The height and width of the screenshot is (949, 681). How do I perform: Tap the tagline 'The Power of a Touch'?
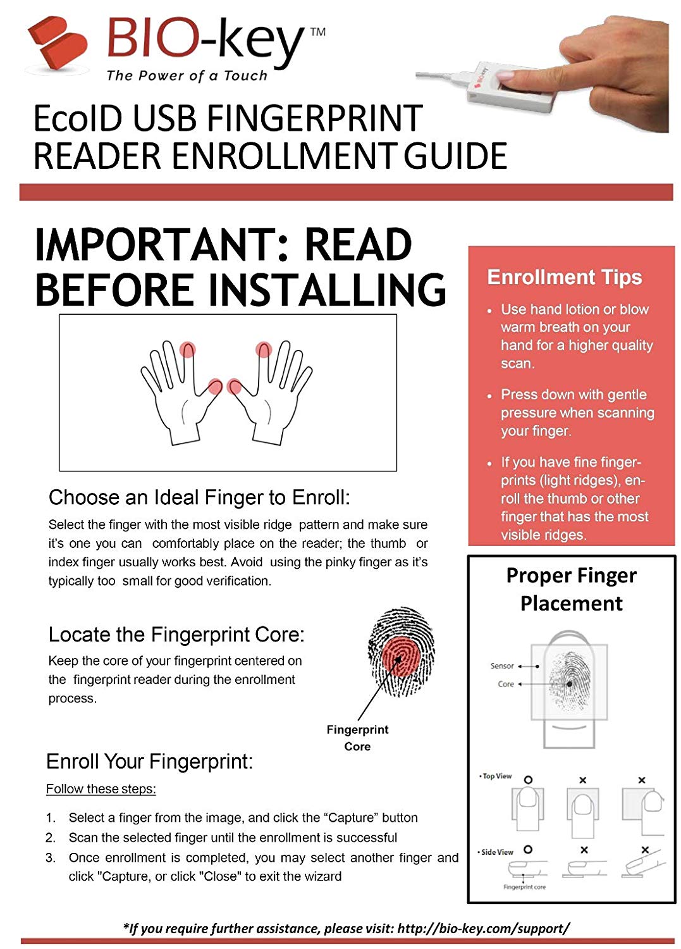pos(187,76)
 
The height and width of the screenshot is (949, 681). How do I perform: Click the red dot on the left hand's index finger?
pos(187,349)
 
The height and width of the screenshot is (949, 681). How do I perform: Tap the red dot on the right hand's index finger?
pos(264,349)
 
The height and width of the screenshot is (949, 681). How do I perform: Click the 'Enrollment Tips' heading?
pos(564,277)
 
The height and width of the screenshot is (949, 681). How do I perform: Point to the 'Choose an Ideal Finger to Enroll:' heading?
pos(199,498)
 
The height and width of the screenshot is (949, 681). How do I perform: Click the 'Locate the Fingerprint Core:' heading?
pos(176,635)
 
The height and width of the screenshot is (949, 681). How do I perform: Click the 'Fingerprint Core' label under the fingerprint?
pos(357,738)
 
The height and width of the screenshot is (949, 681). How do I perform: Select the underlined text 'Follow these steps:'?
pos(101,789)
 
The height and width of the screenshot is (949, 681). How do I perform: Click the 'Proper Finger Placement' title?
pos(571,589)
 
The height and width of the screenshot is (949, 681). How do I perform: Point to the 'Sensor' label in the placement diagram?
pos(502,666)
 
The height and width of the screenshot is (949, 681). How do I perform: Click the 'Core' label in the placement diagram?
pos(506,685)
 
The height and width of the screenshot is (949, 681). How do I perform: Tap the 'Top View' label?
pos(497,776)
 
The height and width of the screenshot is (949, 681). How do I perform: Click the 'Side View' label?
pos(498,852)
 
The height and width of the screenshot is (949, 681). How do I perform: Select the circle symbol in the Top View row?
pos(528,780)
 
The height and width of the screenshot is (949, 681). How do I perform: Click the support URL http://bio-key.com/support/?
pos(484,928)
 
